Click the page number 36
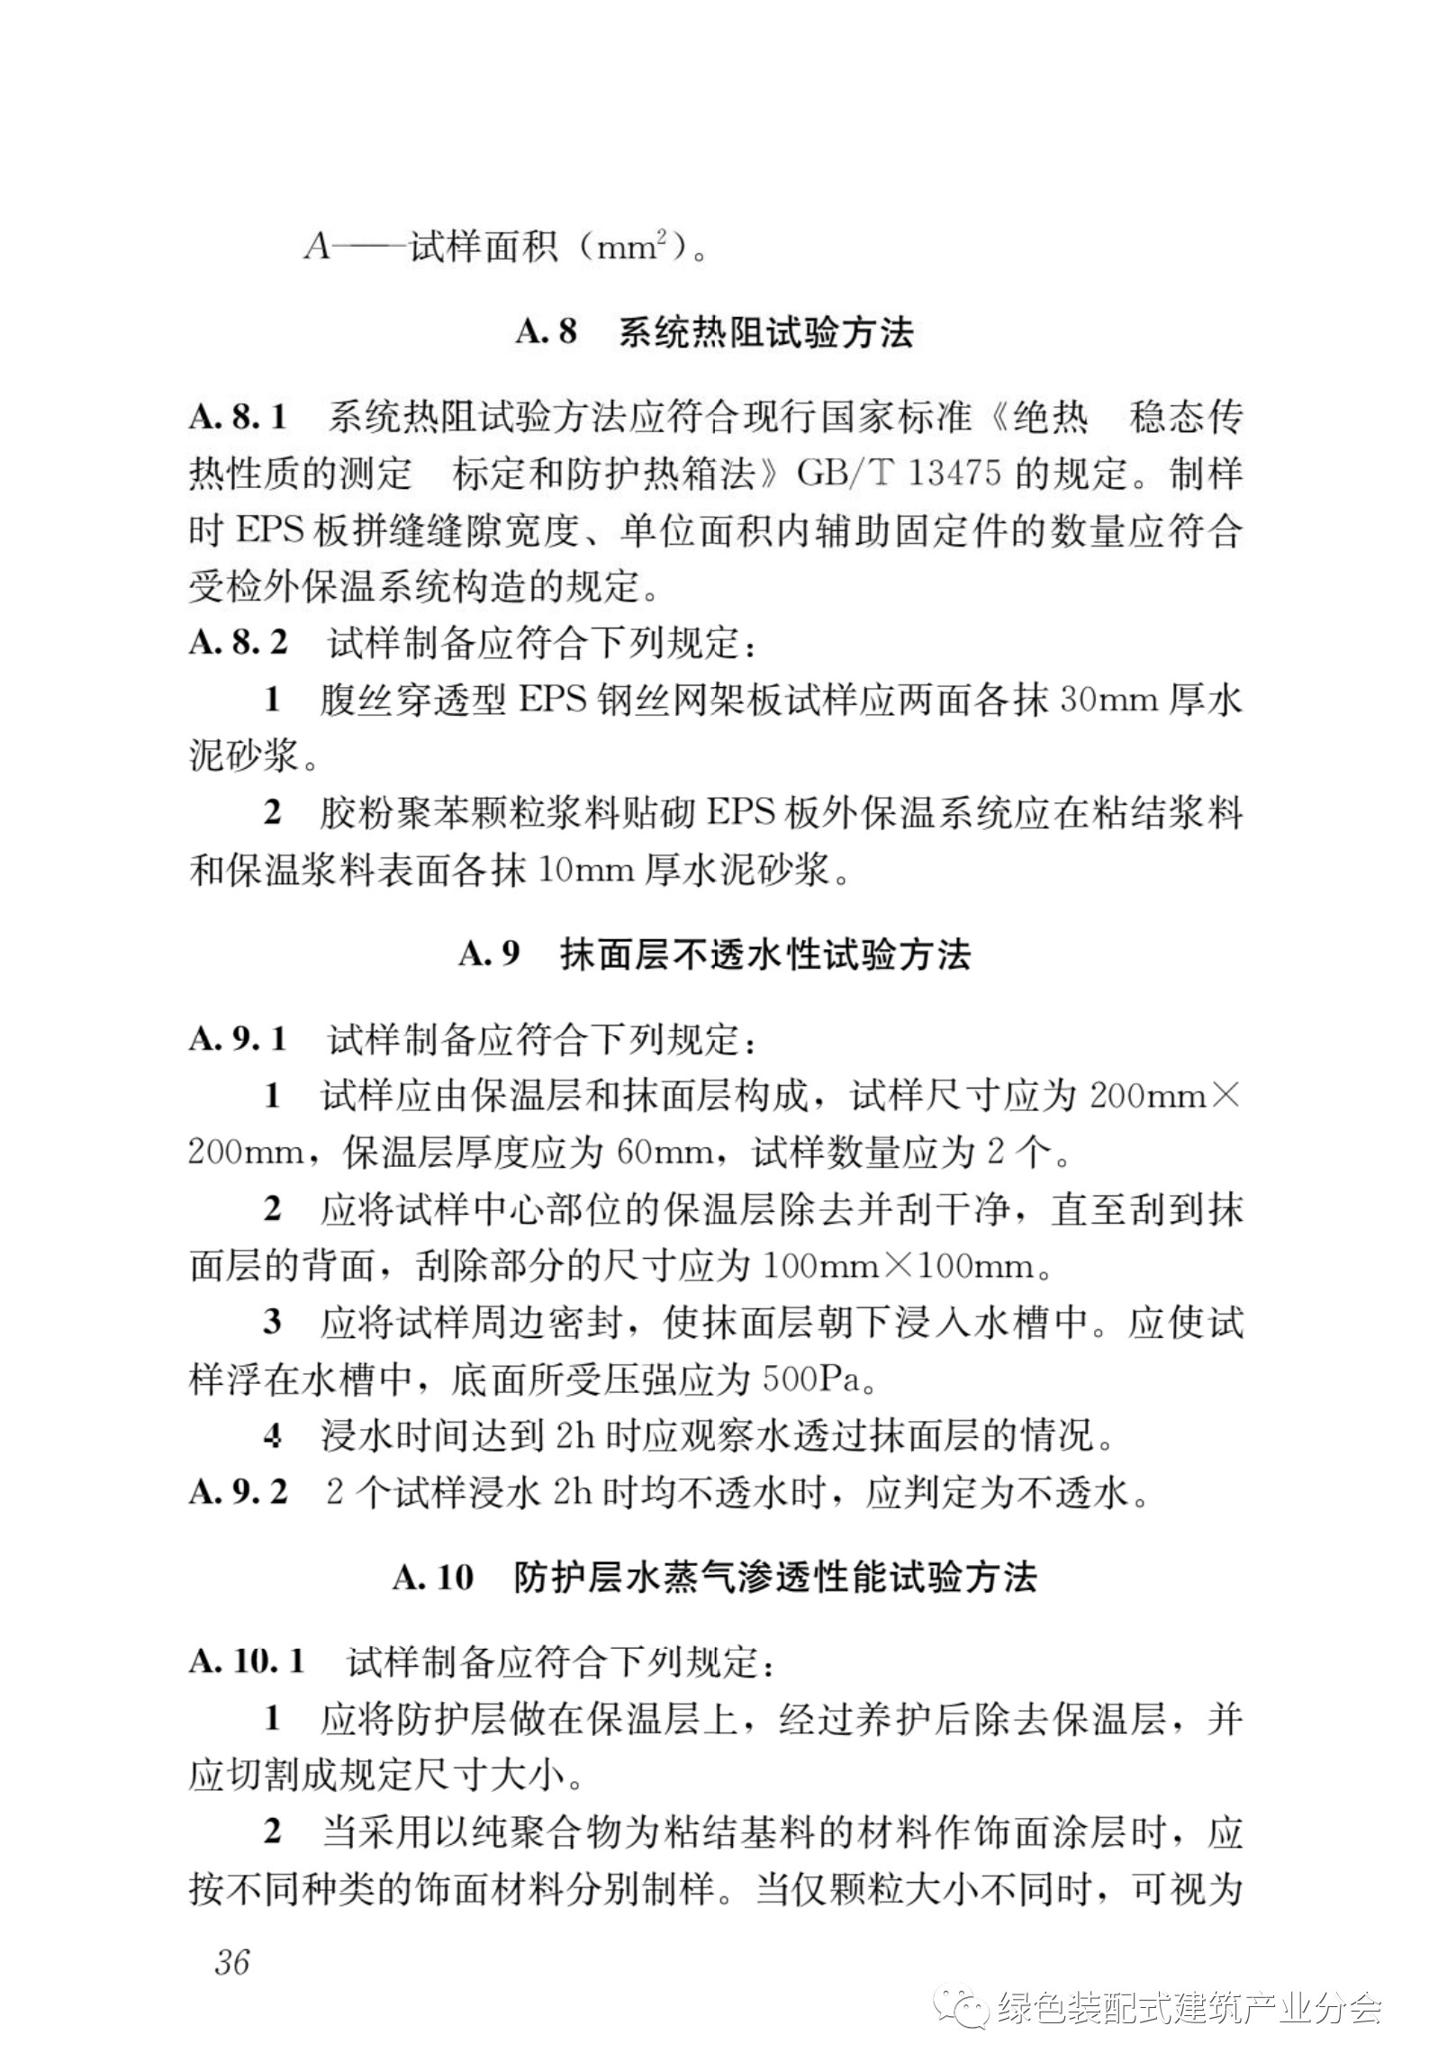click(x=232, y=1960)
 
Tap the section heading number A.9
click(x=489, y=954)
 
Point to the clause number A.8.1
click(x=238, y=418)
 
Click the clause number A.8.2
click(x=238, y=643)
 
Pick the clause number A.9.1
click(x=238, y=1039)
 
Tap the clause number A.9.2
click(x=238, y=1493)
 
